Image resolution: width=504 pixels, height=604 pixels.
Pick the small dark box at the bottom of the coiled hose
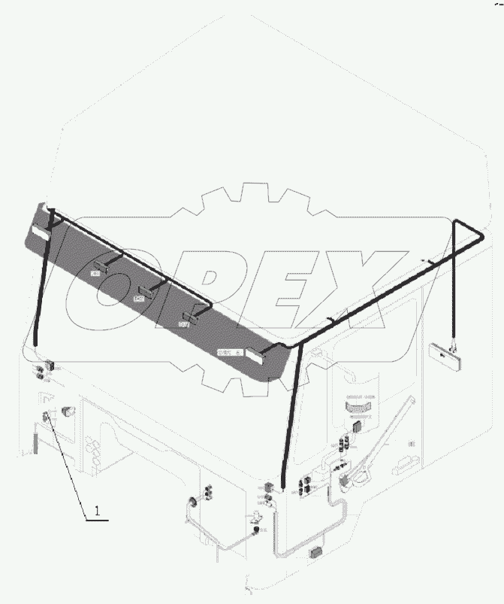[315, 554]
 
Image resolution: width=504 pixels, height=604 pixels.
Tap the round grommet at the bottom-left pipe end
[191, 502]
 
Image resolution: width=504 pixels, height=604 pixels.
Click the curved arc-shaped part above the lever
[358, 405]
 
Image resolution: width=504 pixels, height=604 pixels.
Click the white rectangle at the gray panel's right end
[255, 355]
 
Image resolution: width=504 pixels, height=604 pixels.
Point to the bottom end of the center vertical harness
[282, 487]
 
